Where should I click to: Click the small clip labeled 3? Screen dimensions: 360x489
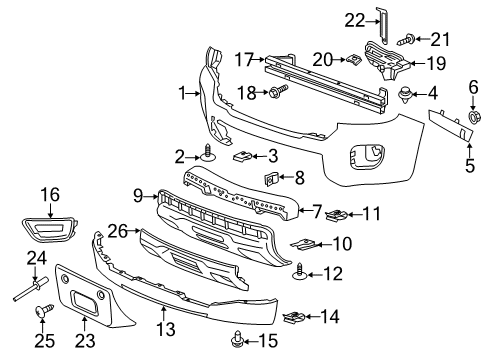[x=244, y=155]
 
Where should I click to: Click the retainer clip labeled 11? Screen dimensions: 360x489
[x=340, y=212]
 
